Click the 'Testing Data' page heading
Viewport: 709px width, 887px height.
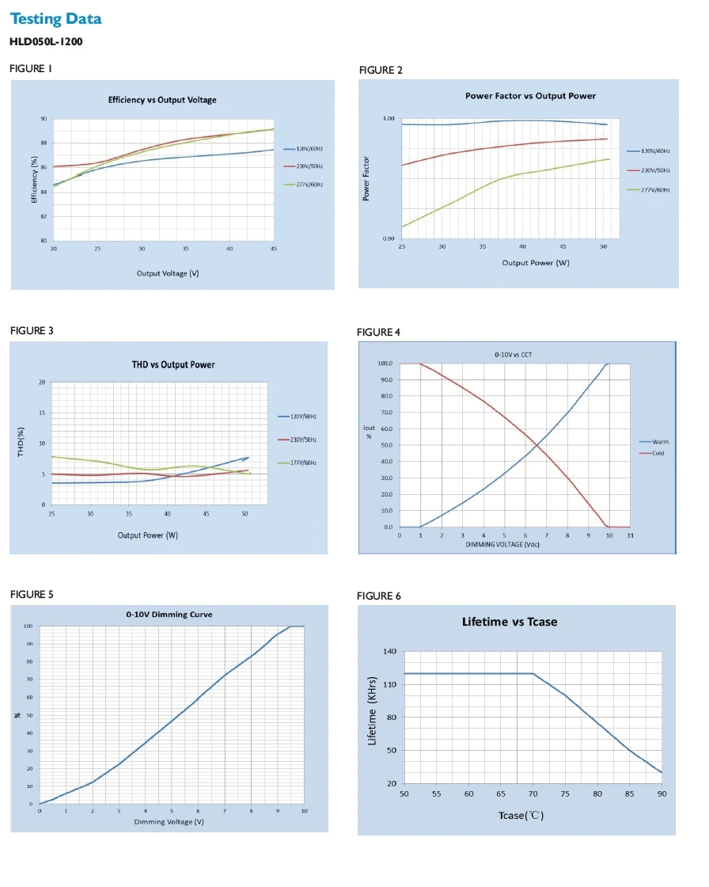pyautogui.click(x=55, y=19)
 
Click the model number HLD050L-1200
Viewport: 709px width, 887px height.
pyautogui.click(x=46, y=41)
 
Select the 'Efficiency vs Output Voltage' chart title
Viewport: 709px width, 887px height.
pyautogui.click(x=162, y=101)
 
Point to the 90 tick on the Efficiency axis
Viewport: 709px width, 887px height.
pyautogui.click(x=44, y=119)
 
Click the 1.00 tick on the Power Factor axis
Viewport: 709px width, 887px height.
pyautogui.click(x=389, y=119)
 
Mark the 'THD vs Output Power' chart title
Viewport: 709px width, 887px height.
pyautogui.click(x=173, y=365)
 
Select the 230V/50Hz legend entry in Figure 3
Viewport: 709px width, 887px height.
pyautogui.click(x=302, y=440)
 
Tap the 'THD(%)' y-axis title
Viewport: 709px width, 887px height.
pyautogui.click(x=22, y=442)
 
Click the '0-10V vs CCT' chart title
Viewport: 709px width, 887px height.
pyautogui.click(x=513, y=355)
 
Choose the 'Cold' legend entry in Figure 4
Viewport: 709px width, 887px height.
pyautogui.click(x=658, y=453)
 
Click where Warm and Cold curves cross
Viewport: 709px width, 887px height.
pyautogui.click(x=541, y=446)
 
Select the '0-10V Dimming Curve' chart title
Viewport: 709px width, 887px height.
pyautogui.click(x=169, y=615)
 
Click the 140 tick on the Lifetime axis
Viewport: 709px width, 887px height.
pyautogui.click(x=389, y=652)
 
